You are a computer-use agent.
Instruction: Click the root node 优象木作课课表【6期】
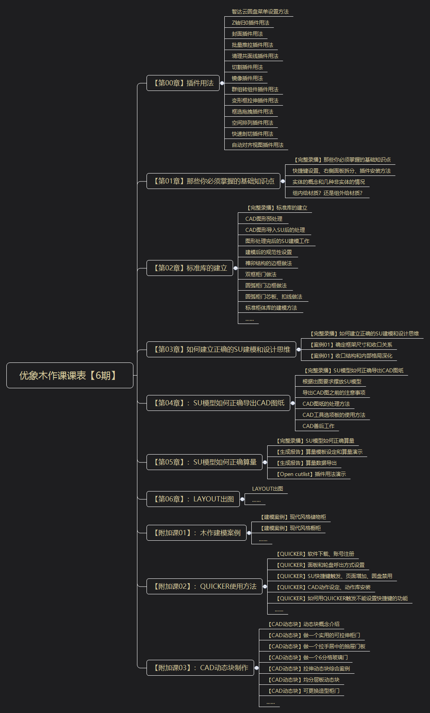point(69,375)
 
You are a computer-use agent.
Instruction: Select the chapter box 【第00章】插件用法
point(183,83)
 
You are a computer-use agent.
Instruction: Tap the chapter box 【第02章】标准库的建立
point(189,268)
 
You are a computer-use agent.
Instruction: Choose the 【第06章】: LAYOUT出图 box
point(193,499)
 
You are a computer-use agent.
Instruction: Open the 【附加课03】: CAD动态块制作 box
point(200,668)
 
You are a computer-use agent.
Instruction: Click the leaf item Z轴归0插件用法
point(250,23)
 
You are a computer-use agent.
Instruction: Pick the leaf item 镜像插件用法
point(247,78)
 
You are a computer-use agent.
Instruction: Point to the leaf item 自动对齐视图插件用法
point(257,145)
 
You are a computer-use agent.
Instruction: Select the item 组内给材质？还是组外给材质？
point(327,193)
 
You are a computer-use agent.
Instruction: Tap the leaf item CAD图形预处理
point(264,219)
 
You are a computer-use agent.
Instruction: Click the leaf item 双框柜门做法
point(260,274)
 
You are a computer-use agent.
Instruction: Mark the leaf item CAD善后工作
point(318,426)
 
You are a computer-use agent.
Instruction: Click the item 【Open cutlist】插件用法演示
point(311,474)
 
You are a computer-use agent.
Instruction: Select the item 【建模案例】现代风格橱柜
point(291,528)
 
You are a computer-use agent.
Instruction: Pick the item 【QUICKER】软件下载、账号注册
point(315,554)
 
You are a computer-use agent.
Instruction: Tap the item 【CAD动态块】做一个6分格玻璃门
point(308,657)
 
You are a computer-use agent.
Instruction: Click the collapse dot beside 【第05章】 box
point(265,462)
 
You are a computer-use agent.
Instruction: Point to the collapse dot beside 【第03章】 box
point(299,349)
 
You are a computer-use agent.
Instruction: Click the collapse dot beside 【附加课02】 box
point(265,586)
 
